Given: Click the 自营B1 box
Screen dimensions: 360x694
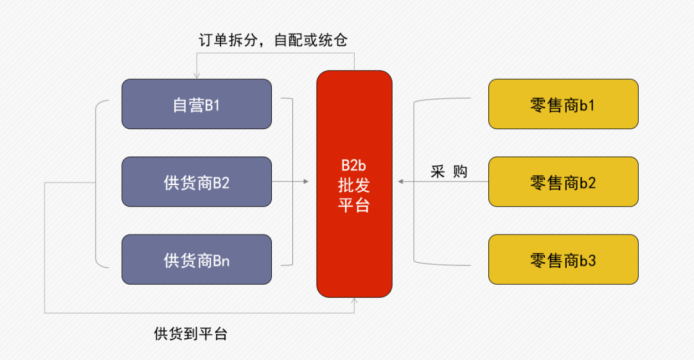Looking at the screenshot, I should [x=197, y=104].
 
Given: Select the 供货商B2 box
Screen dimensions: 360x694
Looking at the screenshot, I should [x=197, y=182].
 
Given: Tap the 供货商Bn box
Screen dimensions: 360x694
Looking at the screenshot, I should [x=197, y=260].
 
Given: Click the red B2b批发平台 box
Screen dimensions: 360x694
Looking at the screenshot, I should [x=354, y=184].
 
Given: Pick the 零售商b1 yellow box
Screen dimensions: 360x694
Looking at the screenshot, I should [x=563, y=104].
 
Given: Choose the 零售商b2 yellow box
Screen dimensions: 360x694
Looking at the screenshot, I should [x=563, y=182].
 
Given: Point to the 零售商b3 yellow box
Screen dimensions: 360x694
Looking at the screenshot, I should [x=563, y=260].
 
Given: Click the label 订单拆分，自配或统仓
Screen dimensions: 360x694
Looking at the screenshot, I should [x=273, y=40].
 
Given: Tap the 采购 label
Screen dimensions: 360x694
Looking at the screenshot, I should [x=449, y=172].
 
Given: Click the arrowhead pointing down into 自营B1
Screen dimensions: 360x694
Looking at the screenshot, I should [x=197, y=76].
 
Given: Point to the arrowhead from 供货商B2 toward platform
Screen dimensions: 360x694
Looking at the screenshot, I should [x=306, y=182].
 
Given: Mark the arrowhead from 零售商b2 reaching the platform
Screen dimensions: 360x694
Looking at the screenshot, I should [x=400, y=182].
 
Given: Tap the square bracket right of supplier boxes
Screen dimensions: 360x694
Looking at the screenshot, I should [x=291, y=182].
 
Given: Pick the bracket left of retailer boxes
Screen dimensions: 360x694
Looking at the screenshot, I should [x=414, y=182].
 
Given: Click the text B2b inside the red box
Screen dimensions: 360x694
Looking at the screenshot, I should [x=354, y=165].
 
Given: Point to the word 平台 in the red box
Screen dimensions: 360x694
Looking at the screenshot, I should [x=354, y=205].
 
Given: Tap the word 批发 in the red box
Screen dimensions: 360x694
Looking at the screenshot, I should [x=354, y=185].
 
